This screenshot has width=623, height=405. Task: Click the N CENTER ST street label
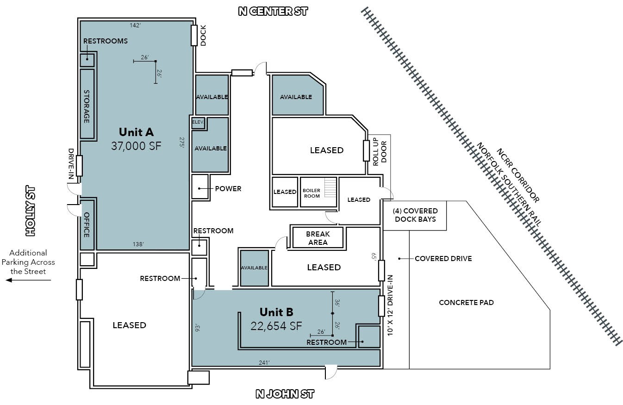tap(273, 11)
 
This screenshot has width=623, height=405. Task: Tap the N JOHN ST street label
tap(285, 394)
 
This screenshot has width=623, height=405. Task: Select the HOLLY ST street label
tap(30, 211)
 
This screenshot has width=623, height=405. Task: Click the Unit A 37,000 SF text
tap(136, 139)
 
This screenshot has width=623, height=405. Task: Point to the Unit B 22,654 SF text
tap(276, 319)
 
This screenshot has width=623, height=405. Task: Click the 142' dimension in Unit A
tap(135, 25)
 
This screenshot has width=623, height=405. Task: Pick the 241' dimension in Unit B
tap(264, 362)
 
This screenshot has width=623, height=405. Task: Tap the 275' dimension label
tap(182, 142)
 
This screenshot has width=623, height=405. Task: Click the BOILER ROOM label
tap(311, 193)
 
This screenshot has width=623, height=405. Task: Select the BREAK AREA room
tap(318, 238)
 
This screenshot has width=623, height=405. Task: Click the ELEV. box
tap(198, 122)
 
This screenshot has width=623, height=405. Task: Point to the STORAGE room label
tap(87, 106)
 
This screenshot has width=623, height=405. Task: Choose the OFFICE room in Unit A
tap(87, 225)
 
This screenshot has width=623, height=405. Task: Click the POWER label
tap(228, 188)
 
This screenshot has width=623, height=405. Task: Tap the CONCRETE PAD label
tap(467, 302)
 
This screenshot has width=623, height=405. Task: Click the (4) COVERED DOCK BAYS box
tap(415, 215)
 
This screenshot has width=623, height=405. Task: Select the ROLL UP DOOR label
tap(380, 152)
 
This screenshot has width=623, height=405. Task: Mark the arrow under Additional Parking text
tap(28, 280)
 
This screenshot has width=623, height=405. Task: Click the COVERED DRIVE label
tap(443, 258)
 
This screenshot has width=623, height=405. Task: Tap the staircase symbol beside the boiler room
tap(330, 187)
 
